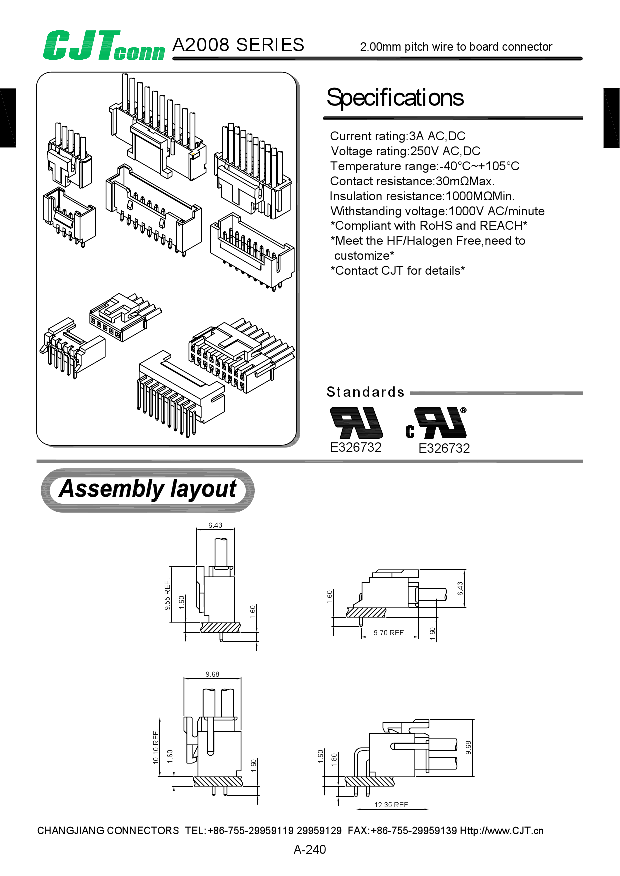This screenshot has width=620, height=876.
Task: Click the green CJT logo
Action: tap(103, 46)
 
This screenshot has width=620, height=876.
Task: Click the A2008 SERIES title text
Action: tap(238, 45)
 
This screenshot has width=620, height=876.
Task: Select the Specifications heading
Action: tap(395, 98)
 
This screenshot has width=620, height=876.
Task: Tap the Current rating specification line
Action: tap(397, 136)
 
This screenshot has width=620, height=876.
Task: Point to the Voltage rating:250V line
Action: tap(405, 151)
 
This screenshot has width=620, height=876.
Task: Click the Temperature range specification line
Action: tap(424, 166)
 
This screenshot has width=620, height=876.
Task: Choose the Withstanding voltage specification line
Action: tap(437, 211)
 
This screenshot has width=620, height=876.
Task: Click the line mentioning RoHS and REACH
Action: tap(429, 226)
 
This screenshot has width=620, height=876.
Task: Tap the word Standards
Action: tap(365, 392)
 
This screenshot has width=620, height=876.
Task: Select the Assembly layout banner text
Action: tap(148, 489)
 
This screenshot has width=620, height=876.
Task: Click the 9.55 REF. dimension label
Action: tap(168, 595)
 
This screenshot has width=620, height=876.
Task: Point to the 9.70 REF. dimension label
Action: tap(389, 633)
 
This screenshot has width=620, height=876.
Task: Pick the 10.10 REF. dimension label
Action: tap(156, 747)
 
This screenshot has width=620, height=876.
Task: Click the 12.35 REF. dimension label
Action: tap(392, 805)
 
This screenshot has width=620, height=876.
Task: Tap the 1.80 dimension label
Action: tap(334, 760)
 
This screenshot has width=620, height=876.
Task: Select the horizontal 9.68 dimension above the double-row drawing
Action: tap(212, 674)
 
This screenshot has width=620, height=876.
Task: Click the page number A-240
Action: tap(310, 849)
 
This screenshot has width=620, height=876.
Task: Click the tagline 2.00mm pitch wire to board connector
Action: tap(456, 47)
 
